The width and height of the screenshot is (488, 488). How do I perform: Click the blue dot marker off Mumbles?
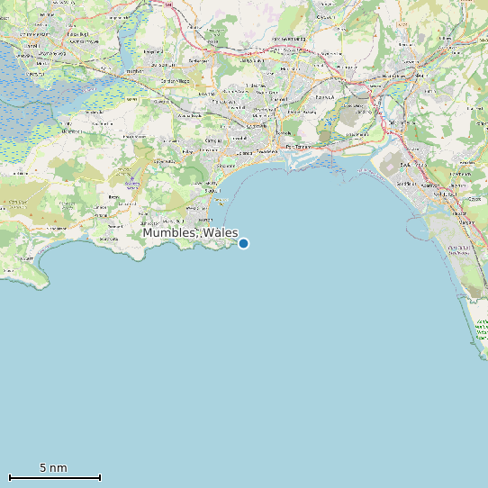point(243,243)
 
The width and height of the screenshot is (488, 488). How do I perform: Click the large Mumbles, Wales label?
point(190,233)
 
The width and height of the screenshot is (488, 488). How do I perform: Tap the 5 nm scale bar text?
point(53,468)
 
